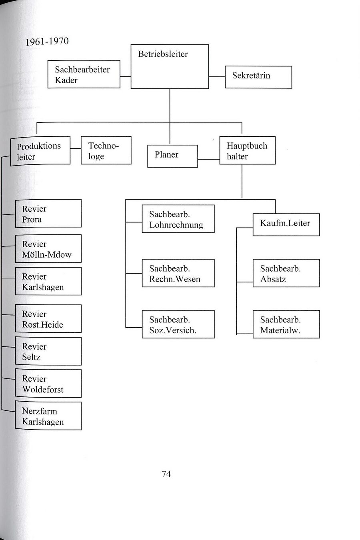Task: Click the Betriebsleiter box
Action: coord(170,66)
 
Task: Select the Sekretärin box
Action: coord(258,77)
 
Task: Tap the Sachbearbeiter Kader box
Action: coord(84,74)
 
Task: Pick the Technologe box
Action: coord(106,150)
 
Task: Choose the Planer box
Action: coord(172,156)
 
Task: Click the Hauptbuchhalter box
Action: coord(247,151)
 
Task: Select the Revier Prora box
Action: coord(48,214)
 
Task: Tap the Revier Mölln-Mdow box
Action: coord(48,249)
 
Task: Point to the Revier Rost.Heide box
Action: coord(48,319)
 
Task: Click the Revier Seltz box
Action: coord(48,351)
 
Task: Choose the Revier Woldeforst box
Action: coord(48,384)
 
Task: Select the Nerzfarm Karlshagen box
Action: coord(48,416)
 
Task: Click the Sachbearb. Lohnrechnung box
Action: coord(178,219)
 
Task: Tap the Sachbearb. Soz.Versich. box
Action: coord(178,324)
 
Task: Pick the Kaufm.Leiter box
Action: coord(286,224)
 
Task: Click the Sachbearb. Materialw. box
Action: coord(286,324)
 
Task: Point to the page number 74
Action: coord(166,474)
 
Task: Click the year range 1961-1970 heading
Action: coord(47,42)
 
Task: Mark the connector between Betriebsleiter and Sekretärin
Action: coord(217,77)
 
